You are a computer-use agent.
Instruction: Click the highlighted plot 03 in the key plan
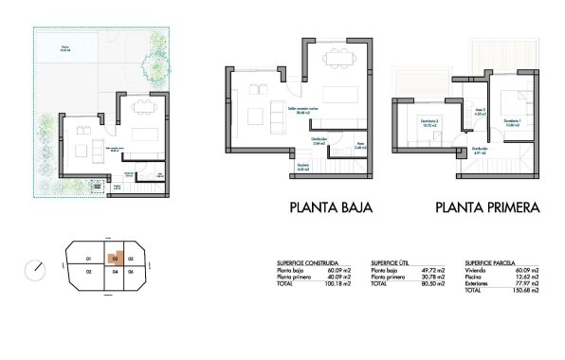[x=113, y=257]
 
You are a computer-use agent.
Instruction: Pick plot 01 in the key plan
[x=87, y=257]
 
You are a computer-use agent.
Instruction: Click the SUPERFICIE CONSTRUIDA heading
[x=302, y=261]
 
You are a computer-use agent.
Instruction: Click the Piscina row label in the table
[x=475, y=276]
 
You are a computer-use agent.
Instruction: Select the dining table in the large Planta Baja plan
[x=338, y=58]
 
